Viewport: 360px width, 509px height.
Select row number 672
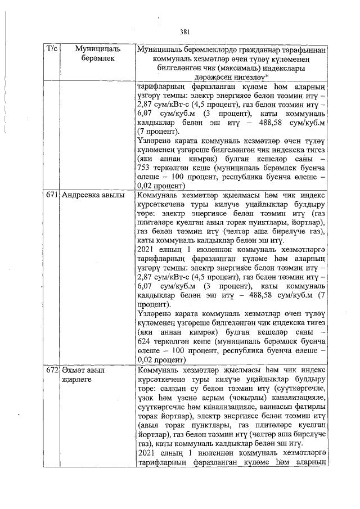51,371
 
